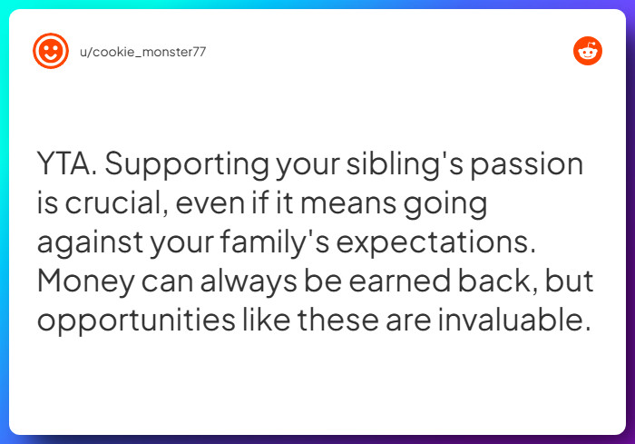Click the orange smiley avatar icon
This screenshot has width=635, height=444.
51,51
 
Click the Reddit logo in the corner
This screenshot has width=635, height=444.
588,52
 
